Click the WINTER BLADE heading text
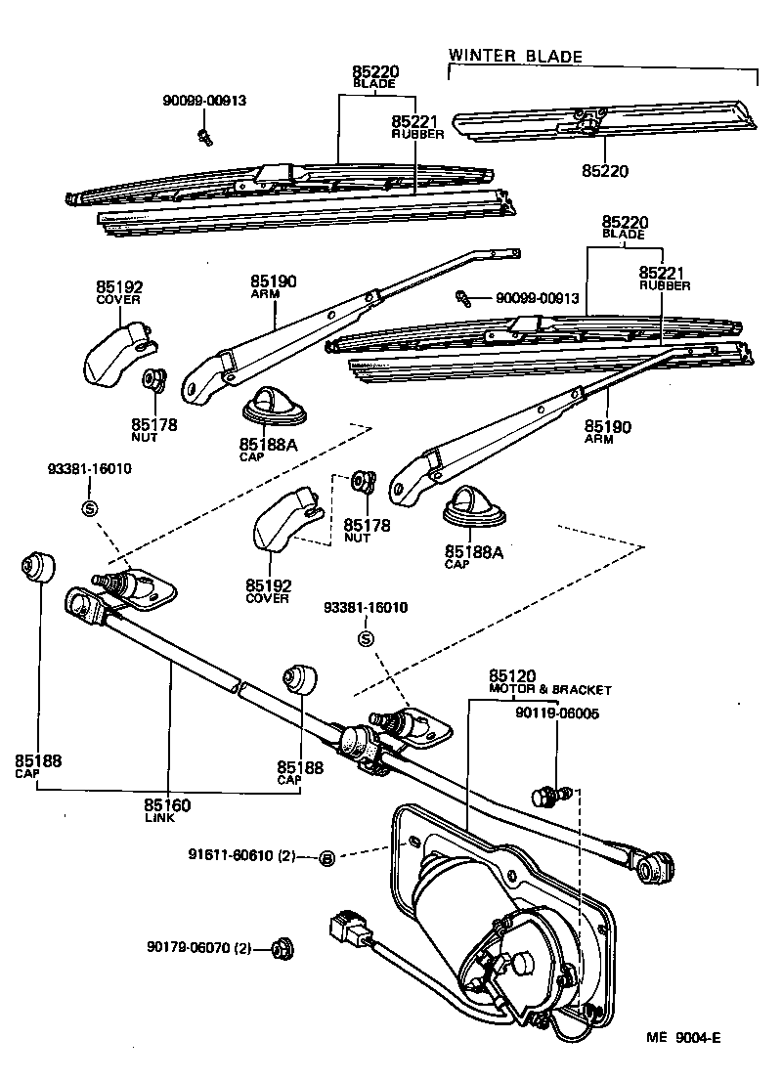[515, 56]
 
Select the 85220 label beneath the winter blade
[606, 171]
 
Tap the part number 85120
[512, 676]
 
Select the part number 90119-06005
[557, 713]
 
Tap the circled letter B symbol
[327, 857]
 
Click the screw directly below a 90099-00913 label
[205, 134]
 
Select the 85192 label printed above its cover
[119, 286]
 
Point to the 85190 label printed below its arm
[608, 427]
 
